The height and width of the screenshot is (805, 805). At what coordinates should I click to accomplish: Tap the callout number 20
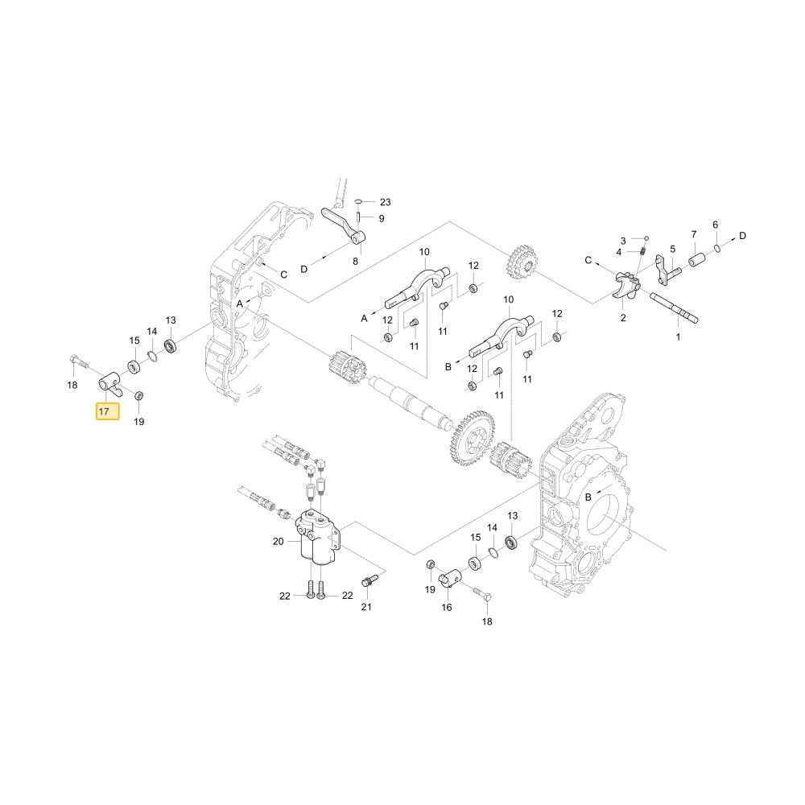point(279,541)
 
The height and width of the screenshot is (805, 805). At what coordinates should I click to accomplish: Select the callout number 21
point(366,606)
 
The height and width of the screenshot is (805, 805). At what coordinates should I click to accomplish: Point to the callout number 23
point(385,202)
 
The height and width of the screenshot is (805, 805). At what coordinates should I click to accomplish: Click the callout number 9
point(382,218)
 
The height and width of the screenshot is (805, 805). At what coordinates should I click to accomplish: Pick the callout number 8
point(355,262)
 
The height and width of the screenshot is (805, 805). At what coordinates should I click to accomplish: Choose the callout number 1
point(678,336)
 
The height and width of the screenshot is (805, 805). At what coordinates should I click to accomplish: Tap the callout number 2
point(623,318)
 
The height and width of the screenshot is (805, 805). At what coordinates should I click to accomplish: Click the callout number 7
point(694,234)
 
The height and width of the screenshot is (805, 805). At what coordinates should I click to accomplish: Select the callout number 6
point(715,225)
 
